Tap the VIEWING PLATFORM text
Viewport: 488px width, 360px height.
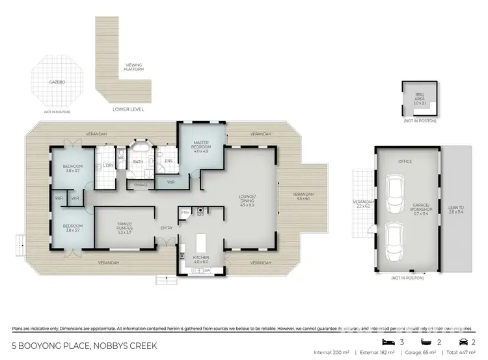tap(134, 68)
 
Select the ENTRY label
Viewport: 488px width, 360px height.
tap(166, 227)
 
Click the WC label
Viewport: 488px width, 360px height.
tap(121, 157)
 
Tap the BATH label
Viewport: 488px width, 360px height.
tap(138, 161)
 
